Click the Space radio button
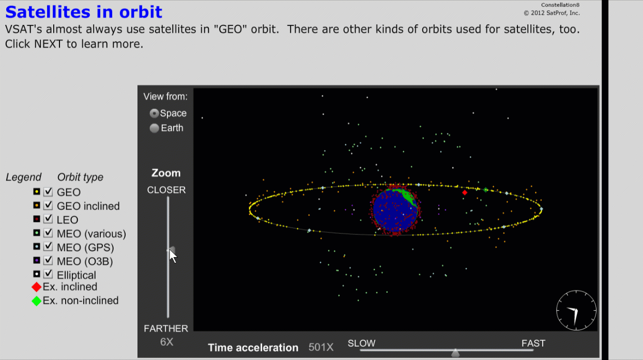point(154,113)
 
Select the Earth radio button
point(154,128)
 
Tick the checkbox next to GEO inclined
point(48,205)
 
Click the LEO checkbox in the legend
point(48,219)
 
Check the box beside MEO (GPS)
point(48,247)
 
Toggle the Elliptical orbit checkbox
point(48,274)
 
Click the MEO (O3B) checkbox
point(48,261)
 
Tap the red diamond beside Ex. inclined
point(37,287)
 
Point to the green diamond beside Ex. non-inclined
point(37,301)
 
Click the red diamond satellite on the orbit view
point(465,192)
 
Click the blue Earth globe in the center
point(395,210)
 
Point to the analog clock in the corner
point(576,310)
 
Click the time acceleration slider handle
point(455,353)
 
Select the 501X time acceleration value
point(321,348)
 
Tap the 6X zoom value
point(166,342)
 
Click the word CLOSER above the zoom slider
point(166,190)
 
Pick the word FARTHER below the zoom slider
point(166,328)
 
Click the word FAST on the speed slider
point(533,343)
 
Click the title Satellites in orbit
point(84,12)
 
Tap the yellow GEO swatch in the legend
point(37,191)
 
